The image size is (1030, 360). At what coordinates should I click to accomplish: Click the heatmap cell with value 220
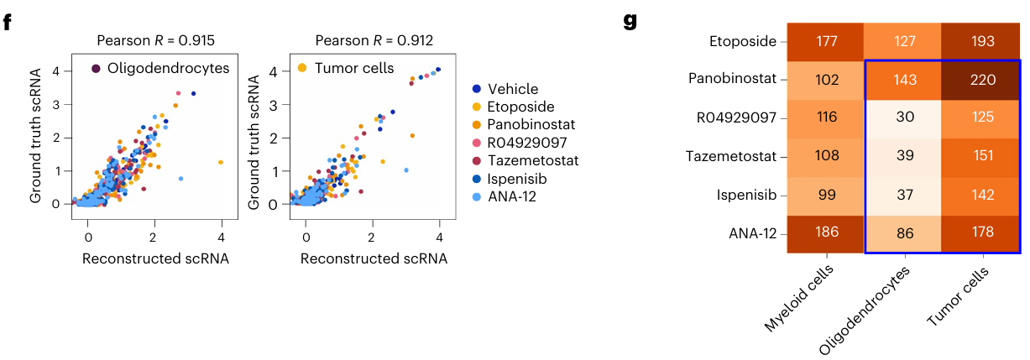click(980, 81)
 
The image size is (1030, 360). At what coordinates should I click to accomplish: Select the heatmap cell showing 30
click(902, 118)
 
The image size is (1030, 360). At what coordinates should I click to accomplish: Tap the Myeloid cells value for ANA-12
click(826, 232)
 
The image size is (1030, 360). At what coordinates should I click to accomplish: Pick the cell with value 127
click(902, 42)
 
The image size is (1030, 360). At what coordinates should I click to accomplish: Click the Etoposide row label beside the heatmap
click(743, 42)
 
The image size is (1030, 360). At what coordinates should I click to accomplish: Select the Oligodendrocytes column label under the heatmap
click(865, 306)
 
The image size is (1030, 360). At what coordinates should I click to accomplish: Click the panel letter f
click(8, 21)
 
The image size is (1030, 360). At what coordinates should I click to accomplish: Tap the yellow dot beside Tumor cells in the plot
click(302, 68)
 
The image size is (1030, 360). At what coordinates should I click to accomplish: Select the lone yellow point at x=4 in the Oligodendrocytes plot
click(221, 162)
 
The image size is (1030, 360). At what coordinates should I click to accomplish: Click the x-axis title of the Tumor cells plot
click(374, 258)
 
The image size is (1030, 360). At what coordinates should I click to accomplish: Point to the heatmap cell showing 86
click(902, 232)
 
